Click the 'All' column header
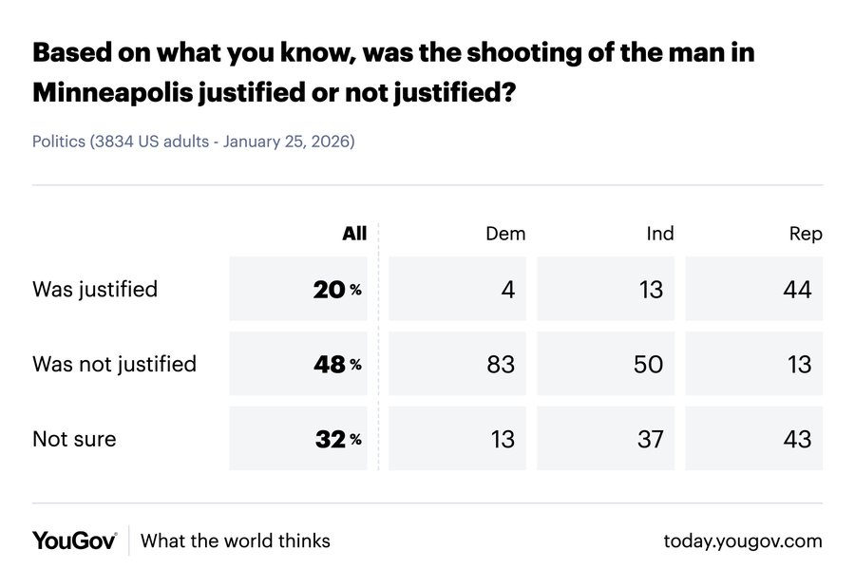[353, 234]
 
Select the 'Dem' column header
[504, 234]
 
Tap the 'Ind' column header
[659, 234]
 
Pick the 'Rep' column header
[805, 234]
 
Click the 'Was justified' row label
[95, 289]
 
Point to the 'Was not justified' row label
[114, 364]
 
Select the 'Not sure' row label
[74, 439]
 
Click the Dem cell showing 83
[500, 364]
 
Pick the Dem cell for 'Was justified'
[507, 290]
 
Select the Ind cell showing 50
[648, 364]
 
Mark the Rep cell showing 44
[798, 290]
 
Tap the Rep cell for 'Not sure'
[798, 439]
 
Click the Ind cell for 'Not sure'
[648, 439]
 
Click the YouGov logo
[74, 541]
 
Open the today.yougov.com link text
[743, 541]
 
